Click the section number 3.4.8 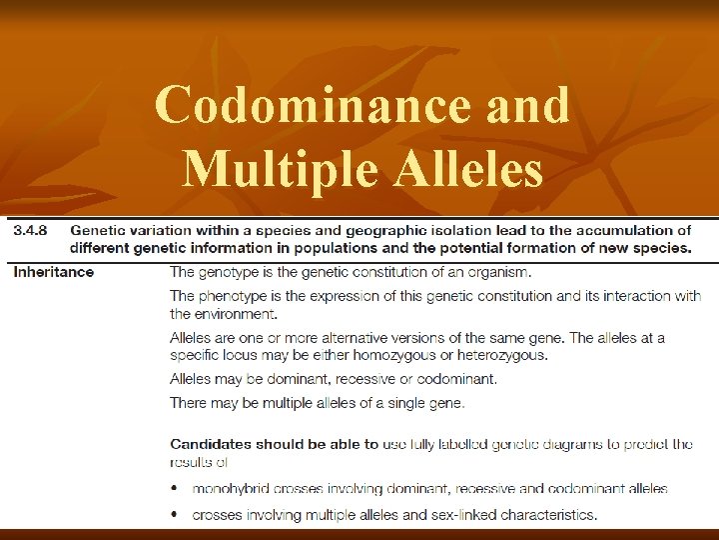point(32,231)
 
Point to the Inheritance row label point(53,271)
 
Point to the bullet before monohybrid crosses point(176,489)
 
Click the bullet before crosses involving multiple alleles point(176,515)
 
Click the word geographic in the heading point(399,231)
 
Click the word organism point(495,271)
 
